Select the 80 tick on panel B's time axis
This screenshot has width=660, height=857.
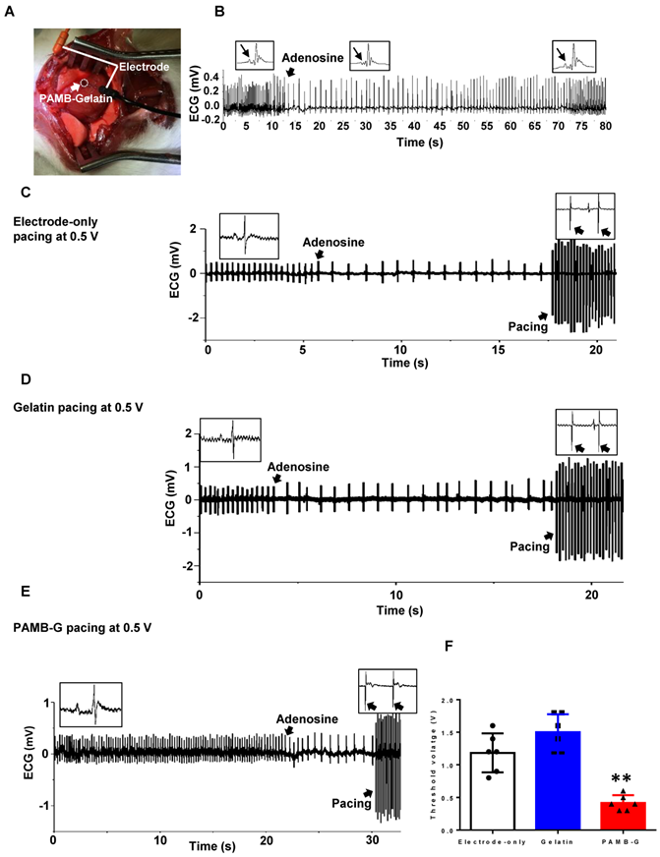(604, 127)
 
